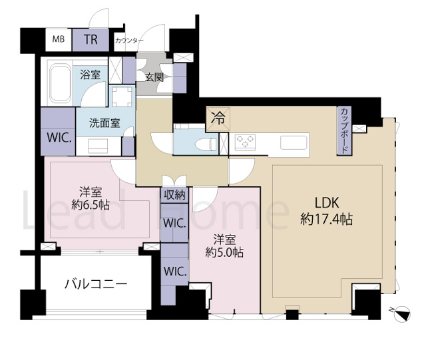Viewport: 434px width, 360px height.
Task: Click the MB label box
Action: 59,40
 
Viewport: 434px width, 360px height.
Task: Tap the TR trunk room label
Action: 91,40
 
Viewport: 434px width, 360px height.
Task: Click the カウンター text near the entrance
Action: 129,41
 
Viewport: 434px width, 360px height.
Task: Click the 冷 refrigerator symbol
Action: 218,120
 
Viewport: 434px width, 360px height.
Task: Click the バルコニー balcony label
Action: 96,284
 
